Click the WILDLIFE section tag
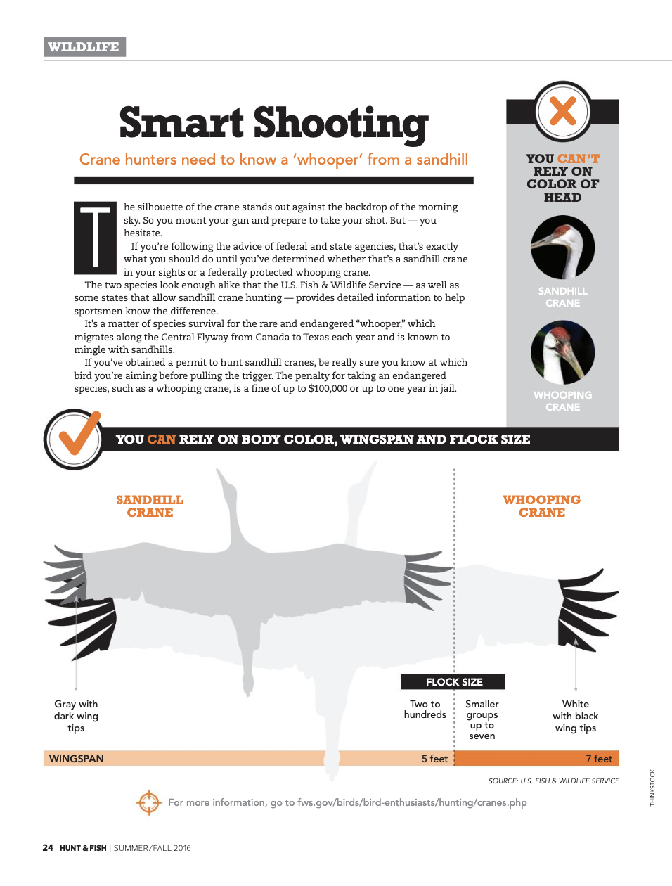click(85, 47)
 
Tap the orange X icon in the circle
click(562, 111)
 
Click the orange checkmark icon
click(79, 432)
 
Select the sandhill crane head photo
click(562, 247)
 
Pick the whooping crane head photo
click(562, 352)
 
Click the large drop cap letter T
click(95, 238)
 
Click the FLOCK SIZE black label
click(453, 682)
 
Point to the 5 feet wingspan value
click(434, 759)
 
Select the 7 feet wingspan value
click(599, 759)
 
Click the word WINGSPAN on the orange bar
click(76, 759)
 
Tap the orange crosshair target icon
click(149, 802)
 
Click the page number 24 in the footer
click(48, 847)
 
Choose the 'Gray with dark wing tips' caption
click(76, 716)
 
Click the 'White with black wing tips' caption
click(575, 716)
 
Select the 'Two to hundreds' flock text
click(425, 710)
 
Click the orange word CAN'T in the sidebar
click(579, 159)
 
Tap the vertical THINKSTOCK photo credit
click(652, 788)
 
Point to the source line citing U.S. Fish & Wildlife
click(553, 781)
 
